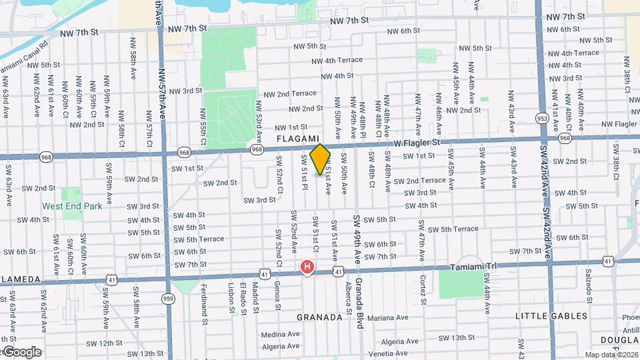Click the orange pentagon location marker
pyautogui.click(x=321, y=159)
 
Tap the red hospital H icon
pyautogui.click(x=307, y=268)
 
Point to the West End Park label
pyautogui.click(x=73, y=206)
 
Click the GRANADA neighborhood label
pyautogui.click(x=319, y=317)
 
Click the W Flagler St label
pyautogui.click(x=417, y=143)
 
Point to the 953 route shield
pyautogui.click(x=542, y=118)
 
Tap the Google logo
pyautogui.click(x=21, y=351)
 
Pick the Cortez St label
pyautogui.click(x=423, y=289)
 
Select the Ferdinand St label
pyautogui.click(x=203, y=301)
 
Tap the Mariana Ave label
pyautogui.click(x=387, y=318)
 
